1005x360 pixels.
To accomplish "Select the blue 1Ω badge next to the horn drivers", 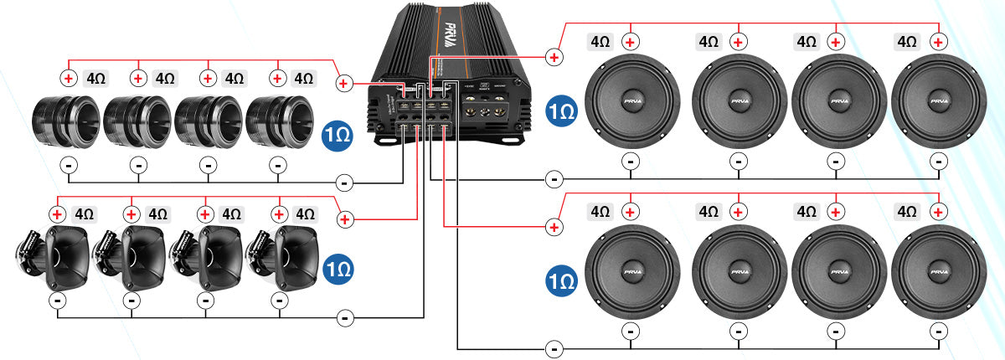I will click(x=337, y=269).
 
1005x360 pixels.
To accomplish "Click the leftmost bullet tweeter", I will click(x=66, y=123).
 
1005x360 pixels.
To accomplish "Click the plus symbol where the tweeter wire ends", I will click(x=343, y=84).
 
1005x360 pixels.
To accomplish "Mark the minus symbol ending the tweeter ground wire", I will click(x=343, y=182).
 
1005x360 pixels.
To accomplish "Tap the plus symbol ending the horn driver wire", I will click(x=344, y=219).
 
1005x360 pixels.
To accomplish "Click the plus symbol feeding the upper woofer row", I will click(x=554, y=57).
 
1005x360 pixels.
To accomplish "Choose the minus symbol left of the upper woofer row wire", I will click(x=554, y=178).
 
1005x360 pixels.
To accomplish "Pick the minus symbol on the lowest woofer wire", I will click(x=554, y=349).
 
